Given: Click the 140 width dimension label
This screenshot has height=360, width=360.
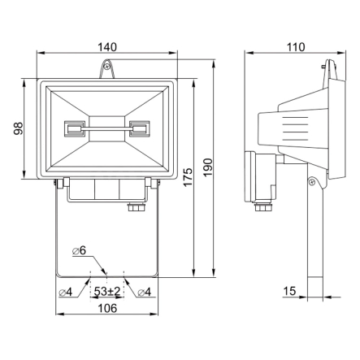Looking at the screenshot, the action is coord(107,47).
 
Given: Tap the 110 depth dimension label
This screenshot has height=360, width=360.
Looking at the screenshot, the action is coord(296,47).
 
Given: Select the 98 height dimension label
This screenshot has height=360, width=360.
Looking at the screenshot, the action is coord(19,128).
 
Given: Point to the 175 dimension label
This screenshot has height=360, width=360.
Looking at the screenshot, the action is coord(188,177).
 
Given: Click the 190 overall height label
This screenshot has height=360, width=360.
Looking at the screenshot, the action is coord(208,167).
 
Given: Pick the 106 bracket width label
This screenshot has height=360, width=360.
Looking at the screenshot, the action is coord(107,308).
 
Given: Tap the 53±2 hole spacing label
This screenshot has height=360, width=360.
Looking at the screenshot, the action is coord(107,292).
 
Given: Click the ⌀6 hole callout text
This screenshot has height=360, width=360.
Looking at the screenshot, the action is coord(79,251).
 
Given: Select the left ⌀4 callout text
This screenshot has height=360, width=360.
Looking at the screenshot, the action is coord(66,293).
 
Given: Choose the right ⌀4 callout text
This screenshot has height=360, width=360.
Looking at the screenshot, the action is coord(144,293).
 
